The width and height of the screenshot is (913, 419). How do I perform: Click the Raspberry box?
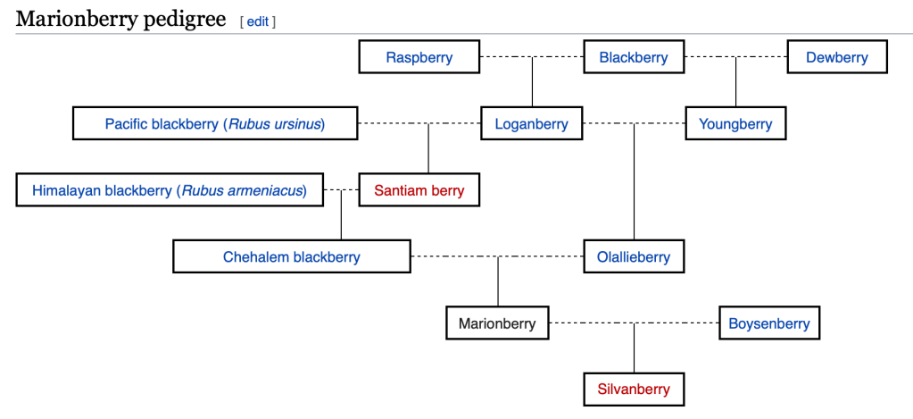pyautogui.click(x=419, y=57)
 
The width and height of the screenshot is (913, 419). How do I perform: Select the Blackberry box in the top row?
pyautogui.click(x=634, y=57)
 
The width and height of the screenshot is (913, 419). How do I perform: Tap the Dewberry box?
pyautogui.click(x=836, y=57)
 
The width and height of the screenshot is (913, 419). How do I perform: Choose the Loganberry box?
pyautogui.click(x=531, y=124)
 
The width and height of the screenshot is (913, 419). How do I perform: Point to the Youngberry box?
pyautogui.click(x=735, y=124)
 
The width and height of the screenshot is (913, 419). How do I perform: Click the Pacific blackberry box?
pyautogui.click(x=214, y=124)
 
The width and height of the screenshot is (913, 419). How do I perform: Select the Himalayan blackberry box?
pyautogui.click(x=170, y=190)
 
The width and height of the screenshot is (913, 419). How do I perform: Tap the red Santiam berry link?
pyautogui.click(x=419, y=190)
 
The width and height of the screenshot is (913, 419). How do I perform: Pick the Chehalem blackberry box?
pyautogui.click(x=292, y=257)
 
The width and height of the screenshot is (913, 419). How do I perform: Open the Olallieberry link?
pyautogui.click(x=634, y=257)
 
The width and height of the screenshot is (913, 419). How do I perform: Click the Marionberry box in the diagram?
pyautogui.click(x=497, y=323)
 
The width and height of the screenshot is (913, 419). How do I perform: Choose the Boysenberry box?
pyautogui.click(x=769, y=323)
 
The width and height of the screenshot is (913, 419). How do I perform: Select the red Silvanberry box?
pyautogui.click(x=634, y=390)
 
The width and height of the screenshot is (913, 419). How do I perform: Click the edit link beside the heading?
pyautogui.click(x=258, y=21)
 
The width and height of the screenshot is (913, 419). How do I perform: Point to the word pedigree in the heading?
pyautogui.click(x=184, y=20)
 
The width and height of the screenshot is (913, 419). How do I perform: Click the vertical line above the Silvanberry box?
pyautogui.click(x=634, y=348)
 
